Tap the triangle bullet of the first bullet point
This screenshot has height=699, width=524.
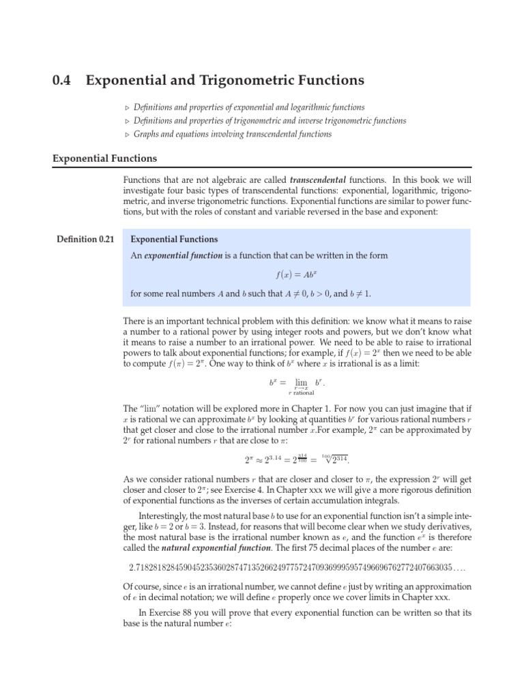pyautogui.click(x=126, y=108)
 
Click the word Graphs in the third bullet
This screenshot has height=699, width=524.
pyautogui.click(x=148, y=134)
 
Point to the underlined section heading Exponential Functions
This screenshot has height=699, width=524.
pyautogui.click(x=104, y=158)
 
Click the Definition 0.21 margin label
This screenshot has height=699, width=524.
pyautogui.click(x=84, y=240)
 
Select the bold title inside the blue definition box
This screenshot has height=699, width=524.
pyautogui.click(x=174, y=240)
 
